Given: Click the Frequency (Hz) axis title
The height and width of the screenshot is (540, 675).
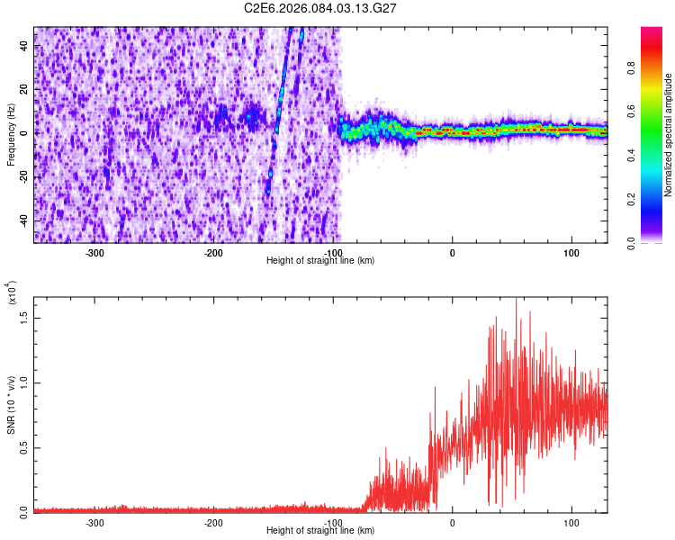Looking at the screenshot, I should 12,134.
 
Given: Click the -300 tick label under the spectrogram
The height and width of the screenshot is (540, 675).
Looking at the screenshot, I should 95,252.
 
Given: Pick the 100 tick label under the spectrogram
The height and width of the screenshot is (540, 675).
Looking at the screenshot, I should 571,252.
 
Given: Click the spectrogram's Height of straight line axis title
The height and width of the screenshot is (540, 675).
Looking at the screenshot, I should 321,260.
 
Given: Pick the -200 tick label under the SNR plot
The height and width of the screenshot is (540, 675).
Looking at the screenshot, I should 214,522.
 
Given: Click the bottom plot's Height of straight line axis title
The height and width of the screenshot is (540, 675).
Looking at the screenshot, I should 321,530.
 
